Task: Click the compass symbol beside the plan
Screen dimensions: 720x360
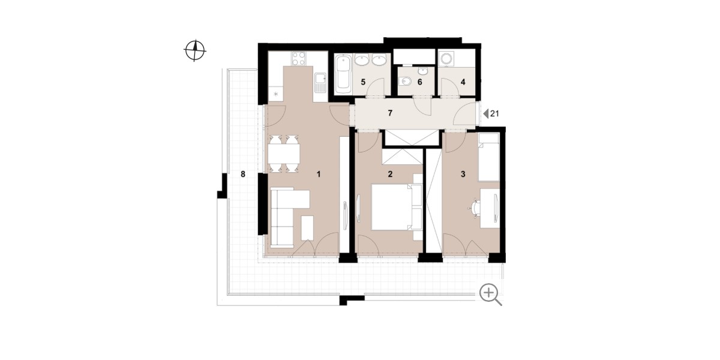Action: [x=195, y=50]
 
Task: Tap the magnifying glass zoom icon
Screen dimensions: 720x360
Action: [x=490, y=295]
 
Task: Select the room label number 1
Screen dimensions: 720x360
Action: [x=319, y=174]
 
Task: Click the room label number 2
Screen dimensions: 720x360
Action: [x=390, y=174]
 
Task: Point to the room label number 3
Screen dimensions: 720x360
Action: [x=463, y=174]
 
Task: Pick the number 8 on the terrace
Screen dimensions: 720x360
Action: [x=243, y=174]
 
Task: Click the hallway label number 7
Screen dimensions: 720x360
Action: [x=390, y=113]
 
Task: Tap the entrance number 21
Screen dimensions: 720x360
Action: [x=494, y=113]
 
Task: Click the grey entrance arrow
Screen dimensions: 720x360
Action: [x=485, y=113]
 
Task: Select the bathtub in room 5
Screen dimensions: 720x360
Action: [x=343, y=74]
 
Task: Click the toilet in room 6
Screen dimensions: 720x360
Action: [x=404, y=82]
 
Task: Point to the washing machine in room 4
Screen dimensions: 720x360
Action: [x=446, y=59]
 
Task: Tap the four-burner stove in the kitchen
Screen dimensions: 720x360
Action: [x=74, y=59]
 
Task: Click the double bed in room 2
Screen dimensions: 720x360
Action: [x=392, y=206]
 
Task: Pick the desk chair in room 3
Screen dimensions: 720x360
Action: [x=475, y=208]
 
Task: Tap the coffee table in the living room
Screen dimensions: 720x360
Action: [x=82, y=228]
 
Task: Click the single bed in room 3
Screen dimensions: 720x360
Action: [x=488, y=157]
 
